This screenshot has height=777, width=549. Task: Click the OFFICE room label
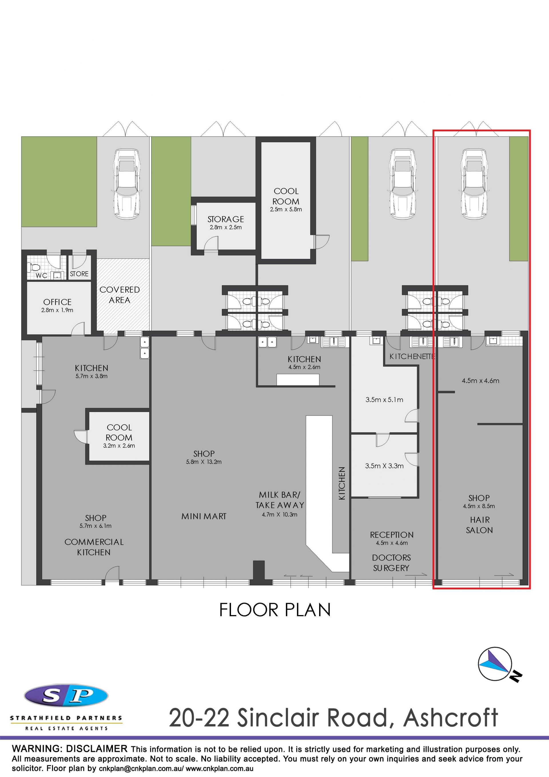click(57, 302)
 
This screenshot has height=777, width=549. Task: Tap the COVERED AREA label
click(120, 295)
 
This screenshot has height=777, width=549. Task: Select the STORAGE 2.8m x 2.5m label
click(226, 223)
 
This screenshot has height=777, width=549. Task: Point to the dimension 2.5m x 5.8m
click(286, 209)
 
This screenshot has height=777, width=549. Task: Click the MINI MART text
click(204, 516)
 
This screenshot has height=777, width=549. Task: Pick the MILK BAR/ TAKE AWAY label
click(280, 500)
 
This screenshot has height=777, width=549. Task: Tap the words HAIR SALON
click(480, 525)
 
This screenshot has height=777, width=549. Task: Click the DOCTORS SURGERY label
click(391, 563)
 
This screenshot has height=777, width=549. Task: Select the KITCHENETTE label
click(412, 356)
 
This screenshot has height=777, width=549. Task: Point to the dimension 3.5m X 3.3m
click(384, 466)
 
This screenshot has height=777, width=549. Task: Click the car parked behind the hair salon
click(474, 184)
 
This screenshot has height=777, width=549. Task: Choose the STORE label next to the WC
click(79, 274)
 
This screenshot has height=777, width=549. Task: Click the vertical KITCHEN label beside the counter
click(342, 483)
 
